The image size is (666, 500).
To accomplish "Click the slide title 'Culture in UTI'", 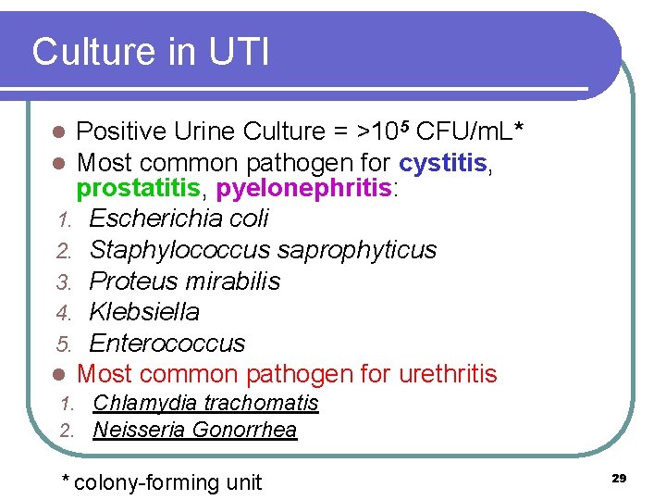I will tap(151, 52).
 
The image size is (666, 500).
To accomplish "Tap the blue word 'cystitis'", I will tap(443, 163).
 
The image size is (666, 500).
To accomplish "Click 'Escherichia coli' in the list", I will tap(179, 219).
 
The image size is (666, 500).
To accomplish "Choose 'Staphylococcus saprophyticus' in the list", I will tap(263, 250).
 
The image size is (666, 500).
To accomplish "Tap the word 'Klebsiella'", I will tap(144, 312).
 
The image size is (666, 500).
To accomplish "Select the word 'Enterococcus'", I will tap(166, 343).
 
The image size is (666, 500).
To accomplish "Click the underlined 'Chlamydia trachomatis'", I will tap(205, 403).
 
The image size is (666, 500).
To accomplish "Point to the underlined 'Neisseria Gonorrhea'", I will tap(195, 430).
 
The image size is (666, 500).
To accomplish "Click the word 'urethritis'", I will tap(448, 374).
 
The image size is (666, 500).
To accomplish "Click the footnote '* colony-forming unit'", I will tap(161, 482).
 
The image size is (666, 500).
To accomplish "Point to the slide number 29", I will tap(619, 478).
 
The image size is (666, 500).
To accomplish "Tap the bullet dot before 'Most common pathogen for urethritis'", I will tap(58, 375).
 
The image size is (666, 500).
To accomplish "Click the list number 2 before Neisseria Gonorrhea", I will tap(66, 431).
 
